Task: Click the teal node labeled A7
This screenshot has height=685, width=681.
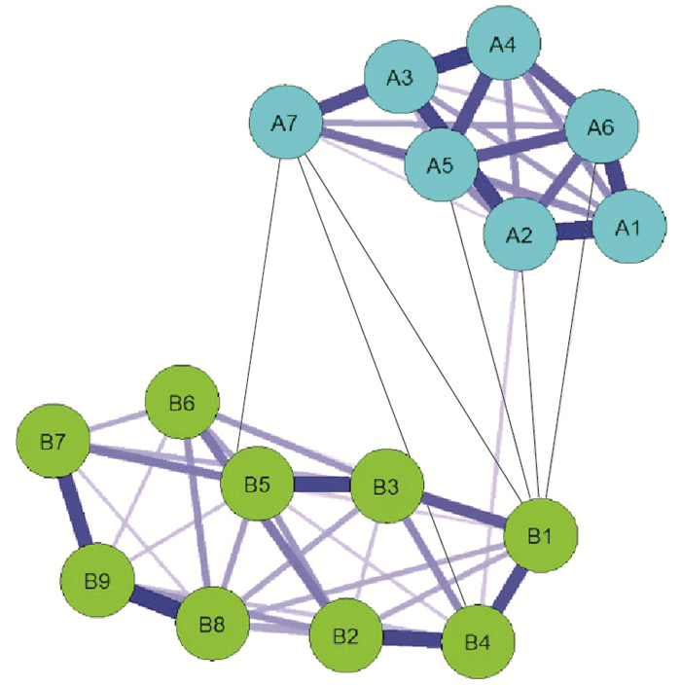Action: (x=285, y=123)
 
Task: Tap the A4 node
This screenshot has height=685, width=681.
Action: (x=503, y=45)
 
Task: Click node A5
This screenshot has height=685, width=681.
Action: (x=441, y=163)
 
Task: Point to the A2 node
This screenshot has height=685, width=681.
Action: (x=520, y=234)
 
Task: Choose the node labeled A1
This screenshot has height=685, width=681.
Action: (x=628, y=227)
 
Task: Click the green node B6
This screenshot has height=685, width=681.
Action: (x=181, y=404)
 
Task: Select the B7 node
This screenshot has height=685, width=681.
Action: (x=54, y=443)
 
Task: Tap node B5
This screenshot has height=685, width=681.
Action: (x=258, y=484)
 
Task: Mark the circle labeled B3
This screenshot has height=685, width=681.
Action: (x=386, y=486)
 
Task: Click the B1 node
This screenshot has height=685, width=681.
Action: (x=540, y=535)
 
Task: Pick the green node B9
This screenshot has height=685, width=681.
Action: (x=97, y=582)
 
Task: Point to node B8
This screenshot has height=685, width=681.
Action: (x=212, y=624)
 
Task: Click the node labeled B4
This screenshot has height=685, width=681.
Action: (x=478, y=642)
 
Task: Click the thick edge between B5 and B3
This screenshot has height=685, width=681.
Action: (x=322, y=485)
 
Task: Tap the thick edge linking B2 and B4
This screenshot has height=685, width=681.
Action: (x=412, y=639)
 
